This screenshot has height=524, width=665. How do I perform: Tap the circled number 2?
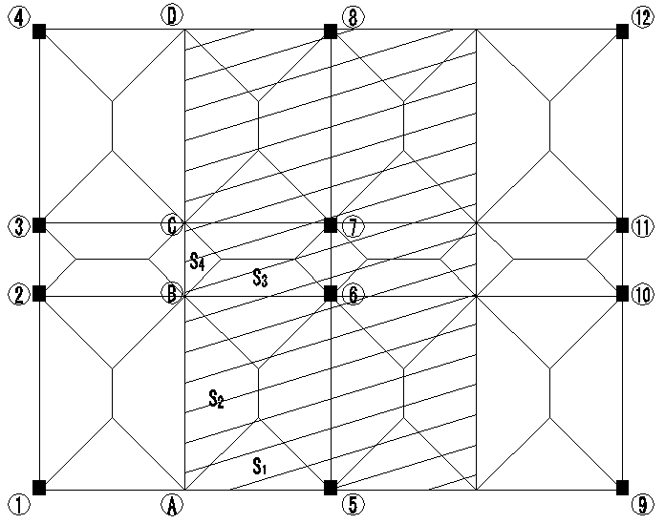click(x=17, y=296)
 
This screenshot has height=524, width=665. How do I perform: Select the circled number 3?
click(x=17, y=226)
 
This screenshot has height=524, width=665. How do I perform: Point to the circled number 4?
click(x=17, y=16)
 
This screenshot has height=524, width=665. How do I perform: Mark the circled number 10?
click(x=642, y=296)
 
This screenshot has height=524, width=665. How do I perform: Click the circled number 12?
click(x=642, y=16)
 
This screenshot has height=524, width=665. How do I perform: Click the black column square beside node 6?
click(x=330, y=293)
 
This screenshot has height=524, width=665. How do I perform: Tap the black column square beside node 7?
click(x=330, y=225)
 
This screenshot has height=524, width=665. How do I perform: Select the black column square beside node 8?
click(x=330, y=31)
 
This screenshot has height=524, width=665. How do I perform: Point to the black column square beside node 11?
click(x=622, y=225)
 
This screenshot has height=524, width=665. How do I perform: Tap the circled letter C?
click(x=171, y=226)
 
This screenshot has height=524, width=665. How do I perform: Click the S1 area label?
click(x=259, y=466)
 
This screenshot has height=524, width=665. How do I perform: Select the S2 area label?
click(x=216, y=399)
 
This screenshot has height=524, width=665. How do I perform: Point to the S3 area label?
click(x=259, y=278)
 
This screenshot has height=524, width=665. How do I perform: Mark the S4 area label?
click(x=197, y=261)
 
